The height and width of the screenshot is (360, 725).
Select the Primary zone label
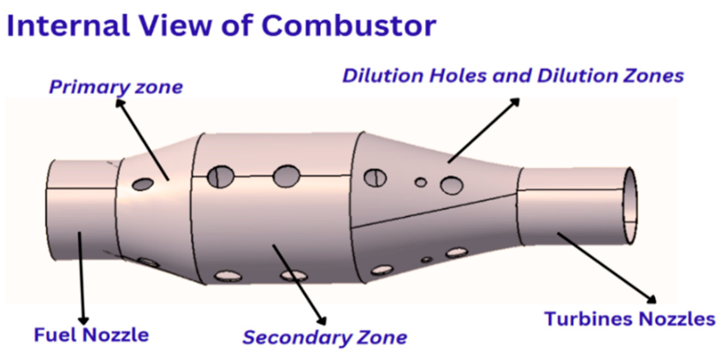(x=116, y=87)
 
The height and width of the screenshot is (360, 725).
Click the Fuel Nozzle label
(x=91, y=335)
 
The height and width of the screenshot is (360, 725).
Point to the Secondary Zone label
(x=325, y=337)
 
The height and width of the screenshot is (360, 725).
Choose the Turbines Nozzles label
(x=630, y=319)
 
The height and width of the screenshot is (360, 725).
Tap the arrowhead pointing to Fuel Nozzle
(x=84, y=320)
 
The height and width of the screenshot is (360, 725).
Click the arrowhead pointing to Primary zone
(x=120, y=103)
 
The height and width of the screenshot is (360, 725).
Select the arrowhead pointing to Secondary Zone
(x=322, y=321)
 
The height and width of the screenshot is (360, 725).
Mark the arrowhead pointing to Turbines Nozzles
(x=652, y=299)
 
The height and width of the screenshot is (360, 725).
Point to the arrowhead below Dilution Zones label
(x=515, y=102)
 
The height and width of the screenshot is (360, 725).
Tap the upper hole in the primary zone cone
(x=143, y=184)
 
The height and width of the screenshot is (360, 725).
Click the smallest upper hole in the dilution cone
(x=421, y=182)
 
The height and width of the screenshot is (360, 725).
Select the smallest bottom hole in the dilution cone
(x=427, y=260)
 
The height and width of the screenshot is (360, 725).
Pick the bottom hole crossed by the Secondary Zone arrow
(x=294, y=275)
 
